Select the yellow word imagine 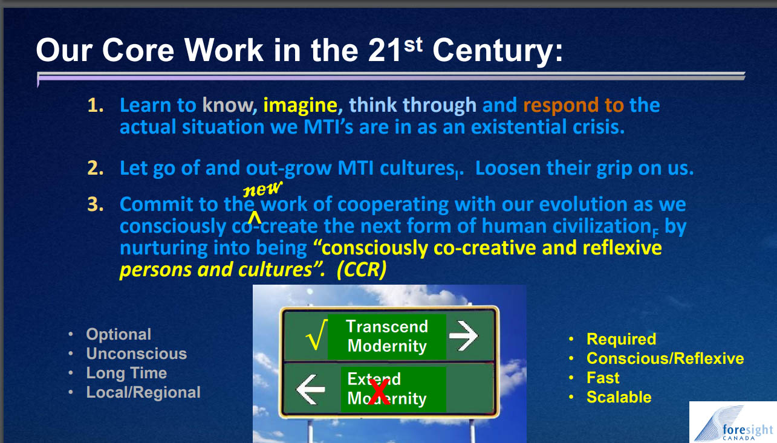point(300,105)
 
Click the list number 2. point(95,168)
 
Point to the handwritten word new point(262,188)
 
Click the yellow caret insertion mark point(255,218)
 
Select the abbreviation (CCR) point(361,270)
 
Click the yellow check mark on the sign point(316,335)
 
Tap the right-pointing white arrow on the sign point(463,335)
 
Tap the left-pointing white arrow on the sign point(310,389)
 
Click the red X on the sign point(378,392)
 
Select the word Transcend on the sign point(387,326)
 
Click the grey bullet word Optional point(119,334)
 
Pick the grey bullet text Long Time point(126,373)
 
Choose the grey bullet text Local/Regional point(143,393)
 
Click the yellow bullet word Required point(621,339)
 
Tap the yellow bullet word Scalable point(619,397)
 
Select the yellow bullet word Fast point(603,378)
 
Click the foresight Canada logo point(733,422)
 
